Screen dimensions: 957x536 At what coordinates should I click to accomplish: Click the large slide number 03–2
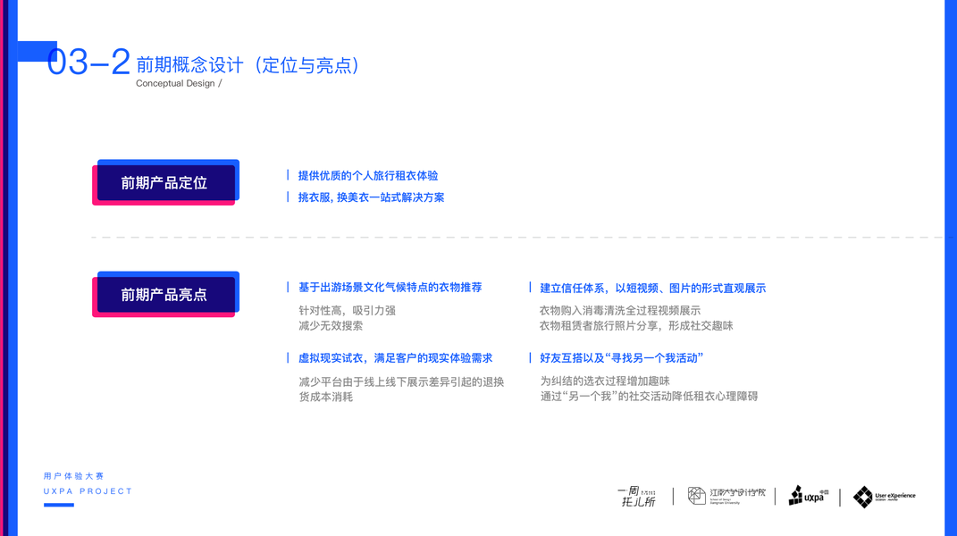pos(88,63)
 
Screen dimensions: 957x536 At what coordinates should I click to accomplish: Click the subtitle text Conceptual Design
pos(176,83)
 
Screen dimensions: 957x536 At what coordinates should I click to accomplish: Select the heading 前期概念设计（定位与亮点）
pos(248,65)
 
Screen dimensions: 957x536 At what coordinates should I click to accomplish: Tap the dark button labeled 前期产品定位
pos(164,183)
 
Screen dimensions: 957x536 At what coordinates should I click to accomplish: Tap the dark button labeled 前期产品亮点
pos(164,295)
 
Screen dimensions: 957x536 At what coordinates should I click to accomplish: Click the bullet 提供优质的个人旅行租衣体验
pos(367,176)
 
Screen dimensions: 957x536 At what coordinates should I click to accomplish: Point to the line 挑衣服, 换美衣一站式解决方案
pos(371,197)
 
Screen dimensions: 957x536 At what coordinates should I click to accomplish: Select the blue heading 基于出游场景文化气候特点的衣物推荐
pos(390,288)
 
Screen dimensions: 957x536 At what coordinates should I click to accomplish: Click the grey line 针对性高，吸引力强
pos(347,310)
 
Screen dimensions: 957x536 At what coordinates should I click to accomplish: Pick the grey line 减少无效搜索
pos(331,326)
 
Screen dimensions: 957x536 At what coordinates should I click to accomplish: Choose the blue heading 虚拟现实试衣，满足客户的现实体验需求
pos(395,358)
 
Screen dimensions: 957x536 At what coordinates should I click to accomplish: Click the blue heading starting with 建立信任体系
pos(652,289)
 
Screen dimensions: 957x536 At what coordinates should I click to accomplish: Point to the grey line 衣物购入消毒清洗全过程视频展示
pos(619,310)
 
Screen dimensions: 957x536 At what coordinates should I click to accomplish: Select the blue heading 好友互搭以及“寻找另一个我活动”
pos(621,358)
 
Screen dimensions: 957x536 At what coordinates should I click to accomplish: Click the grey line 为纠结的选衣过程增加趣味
pos(604,381)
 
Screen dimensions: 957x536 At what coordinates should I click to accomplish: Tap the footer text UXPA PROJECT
pos(88,491)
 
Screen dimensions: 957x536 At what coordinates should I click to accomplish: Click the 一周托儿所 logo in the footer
pos(638,497)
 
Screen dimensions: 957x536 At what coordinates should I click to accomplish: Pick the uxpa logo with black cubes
pos(808,496)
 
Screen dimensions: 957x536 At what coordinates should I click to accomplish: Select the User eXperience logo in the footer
pos(884,497)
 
